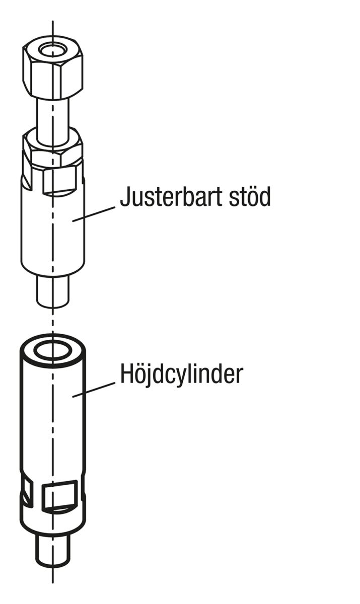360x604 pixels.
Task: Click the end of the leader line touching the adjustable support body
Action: (x=73, y=221)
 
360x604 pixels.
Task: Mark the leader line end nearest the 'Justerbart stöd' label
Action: (x=115, y=207)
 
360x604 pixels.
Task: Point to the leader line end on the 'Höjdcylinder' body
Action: (x=73, y=397)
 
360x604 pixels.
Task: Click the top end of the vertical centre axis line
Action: (x=52, y=21)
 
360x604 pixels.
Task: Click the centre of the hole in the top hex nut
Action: (x=52, y=50)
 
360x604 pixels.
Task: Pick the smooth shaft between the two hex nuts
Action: (x=52, y=120)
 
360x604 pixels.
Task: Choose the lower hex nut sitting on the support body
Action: (x=52, y=147)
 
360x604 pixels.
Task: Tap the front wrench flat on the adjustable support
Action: (x=59, y=181)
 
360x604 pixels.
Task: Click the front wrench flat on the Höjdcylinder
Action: (x=60, y=496)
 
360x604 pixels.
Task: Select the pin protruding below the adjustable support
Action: (x=52, y=291)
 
